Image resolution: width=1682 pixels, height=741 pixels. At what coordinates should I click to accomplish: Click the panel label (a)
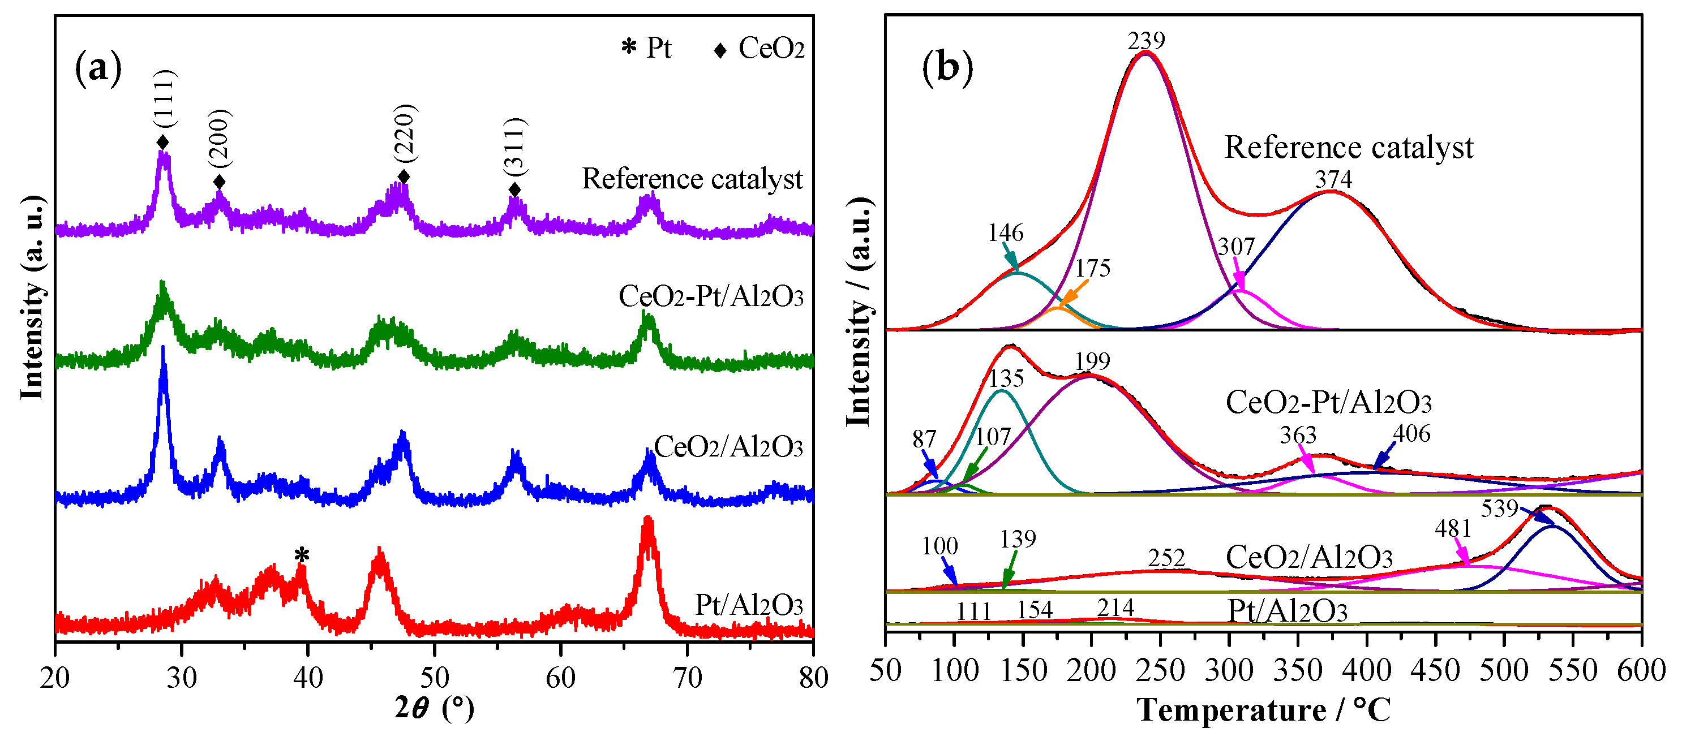coord(98,67)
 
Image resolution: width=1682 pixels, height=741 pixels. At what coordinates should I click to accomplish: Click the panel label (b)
coord(947,67)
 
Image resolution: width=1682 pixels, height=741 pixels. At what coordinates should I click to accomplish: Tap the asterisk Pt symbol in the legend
coord(628,48)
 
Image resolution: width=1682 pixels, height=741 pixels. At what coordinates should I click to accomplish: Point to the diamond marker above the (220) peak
coord(404,177)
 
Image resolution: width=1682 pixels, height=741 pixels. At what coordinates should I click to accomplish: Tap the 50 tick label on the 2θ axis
coord(434,678)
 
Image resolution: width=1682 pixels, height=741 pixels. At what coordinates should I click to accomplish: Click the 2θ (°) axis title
coord(434,708)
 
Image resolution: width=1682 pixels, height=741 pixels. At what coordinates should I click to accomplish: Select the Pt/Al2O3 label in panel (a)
coord(748,605)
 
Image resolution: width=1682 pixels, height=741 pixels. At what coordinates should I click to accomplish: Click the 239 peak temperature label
coord(1146,41)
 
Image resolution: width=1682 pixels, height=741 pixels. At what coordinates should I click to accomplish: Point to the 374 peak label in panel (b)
coord(1333,179)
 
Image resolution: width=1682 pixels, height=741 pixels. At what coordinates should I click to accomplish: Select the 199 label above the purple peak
coord(1092,361)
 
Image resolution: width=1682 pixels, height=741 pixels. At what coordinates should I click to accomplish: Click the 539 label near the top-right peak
coord(1499,509)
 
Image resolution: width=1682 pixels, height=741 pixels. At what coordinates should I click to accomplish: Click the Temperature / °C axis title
coord(1263,710)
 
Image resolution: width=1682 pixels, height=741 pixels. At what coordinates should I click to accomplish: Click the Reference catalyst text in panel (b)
coord(1348,148)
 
